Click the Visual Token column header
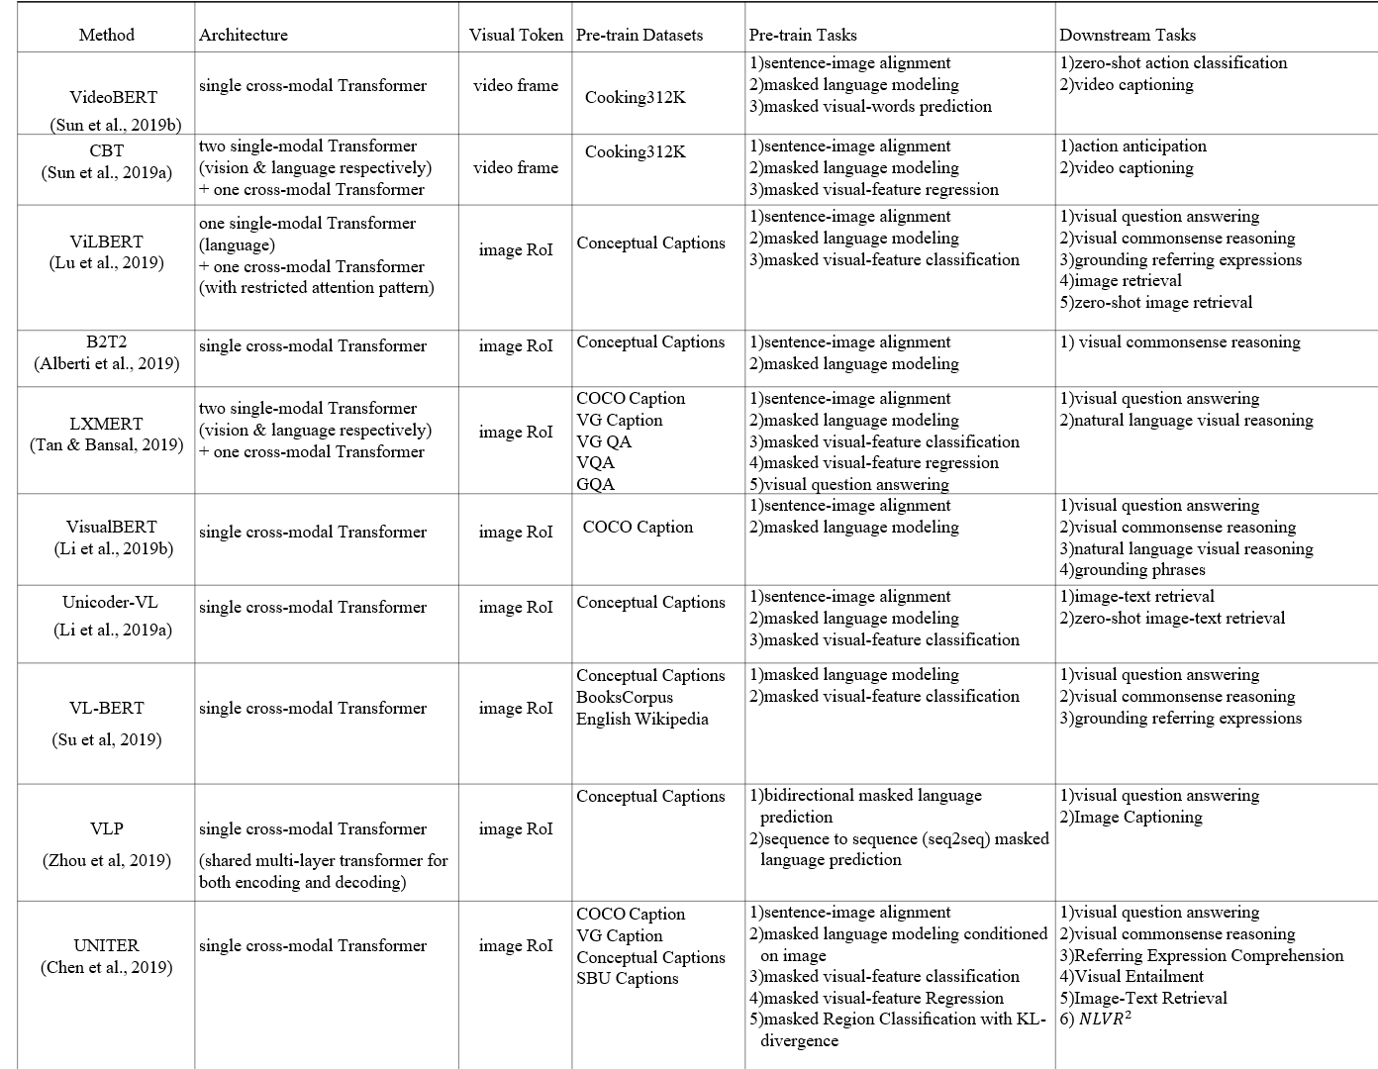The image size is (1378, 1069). tap(516, 35)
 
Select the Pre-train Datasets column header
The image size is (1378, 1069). tap(640, 35)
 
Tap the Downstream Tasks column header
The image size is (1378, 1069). tap(1128, 35)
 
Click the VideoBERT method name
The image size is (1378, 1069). tap(113, 97)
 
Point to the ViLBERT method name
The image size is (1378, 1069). tap(106, 242)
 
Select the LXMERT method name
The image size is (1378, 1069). tap(106, 423)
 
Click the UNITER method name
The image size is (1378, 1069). tap(106, 945)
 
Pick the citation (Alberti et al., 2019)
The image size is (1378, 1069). tap(106, 363)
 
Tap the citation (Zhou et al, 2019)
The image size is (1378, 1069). tap(106, 860)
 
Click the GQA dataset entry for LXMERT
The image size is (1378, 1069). tap(596, 484)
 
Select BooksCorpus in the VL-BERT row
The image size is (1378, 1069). tap(625, 697)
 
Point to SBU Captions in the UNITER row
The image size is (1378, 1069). tap(628, 978)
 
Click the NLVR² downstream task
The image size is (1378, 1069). tap(1102, 1019)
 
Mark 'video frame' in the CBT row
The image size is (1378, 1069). tap(516, 167)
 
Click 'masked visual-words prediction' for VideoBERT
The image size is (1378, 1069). tap(877, 106)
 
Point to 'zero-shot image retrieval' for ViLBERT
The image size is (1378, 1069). tap(1162, 302)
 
